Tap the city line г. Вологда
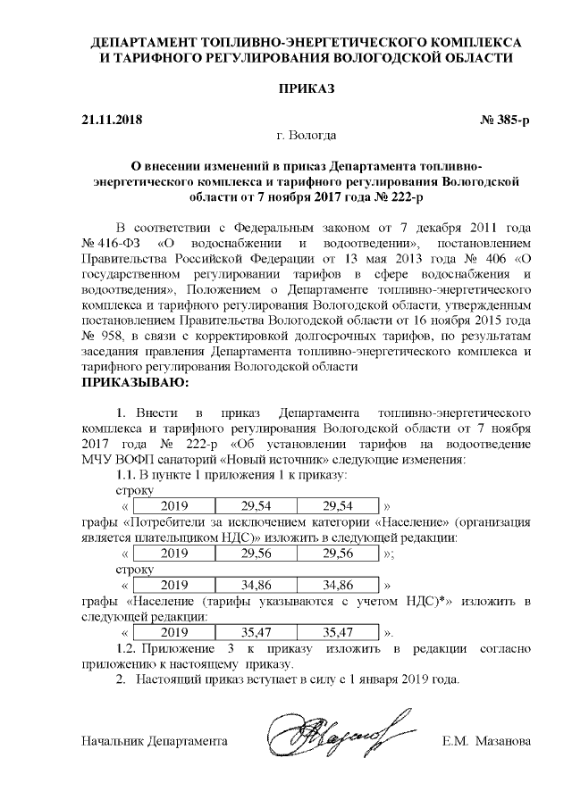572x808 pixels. pyautogui.click(x=307, y=136)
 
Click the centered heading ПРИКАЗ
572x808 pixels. pyautogui.click(x=307, y=89)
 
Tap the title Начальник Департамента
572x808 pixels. pyautogui.click(x=155, y=742)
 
